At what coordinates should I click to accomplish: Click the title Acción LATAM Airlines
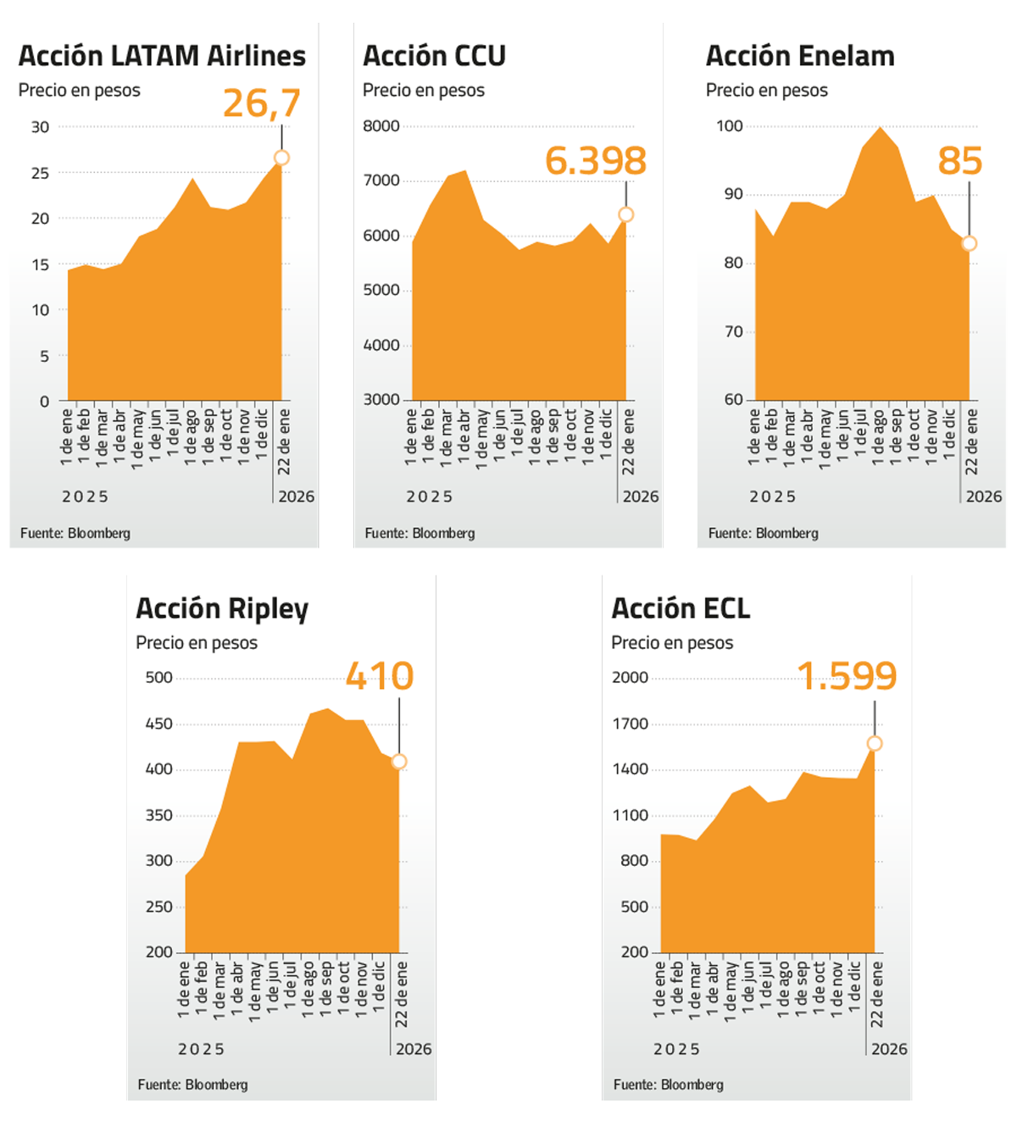pyautogui.click(x=162, y=56)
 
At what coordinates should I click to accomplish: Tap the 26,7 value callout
pyautogui.click(x=262, y=103)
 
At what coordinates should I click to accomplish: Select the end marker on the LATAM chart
pyautogui.click(x=282, y=158)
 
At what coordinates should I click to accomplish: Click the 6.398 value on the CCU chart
pyautogui.click(x=595, y=161)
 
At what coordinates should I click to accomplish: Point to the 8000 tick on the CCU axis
pyautogui.click(x=381, y=126)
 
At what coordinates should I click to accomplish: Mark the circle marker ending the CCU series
pyautogui.click(x=626, y=215)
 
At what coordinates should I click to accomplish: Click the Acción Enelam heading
pyautogui.click(x=800, y=56)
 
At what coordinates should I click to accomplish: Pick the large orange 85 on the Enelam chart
pyautogui.click(x=959, y=161)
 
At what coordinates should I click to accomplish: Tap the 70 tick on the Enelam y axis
pyautogui.click(x=733, y=331)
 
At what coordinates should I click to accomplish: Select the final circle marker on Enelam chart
pyautogui.click(x=970, y=244)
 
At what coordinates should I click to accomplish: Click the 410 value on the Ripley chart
pyautogui.click(x=380, y=676)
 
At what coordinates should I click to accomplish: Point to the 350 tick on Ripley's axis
pyautogui.click(x=158, y=815)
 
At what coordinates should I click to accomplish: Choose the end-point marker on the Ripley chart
pyautogui.click(x=399, y=762)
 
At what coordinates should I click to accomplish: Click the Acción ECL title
pyautogui.click(x=681, y=608)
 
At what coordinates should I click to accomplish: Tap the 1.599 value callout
pyautogui.click(x=847, y=676)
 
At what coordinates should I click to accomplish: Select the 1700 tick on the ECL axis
pyautogui.click(x=630, y=724)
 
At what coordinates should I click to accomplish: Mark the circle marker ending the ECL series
pyautogui.click(x=875, y=743)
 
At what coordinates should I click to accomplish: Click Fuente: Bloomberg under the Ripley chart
pyautogui.click(x=192, y=1085)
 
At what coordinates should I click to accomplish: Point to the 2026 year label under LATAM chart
pyautogui.click(x=297, y=497)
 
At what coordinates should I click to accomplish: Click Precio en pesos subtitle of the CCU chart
pyautogui.click(x=424, y=91)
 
